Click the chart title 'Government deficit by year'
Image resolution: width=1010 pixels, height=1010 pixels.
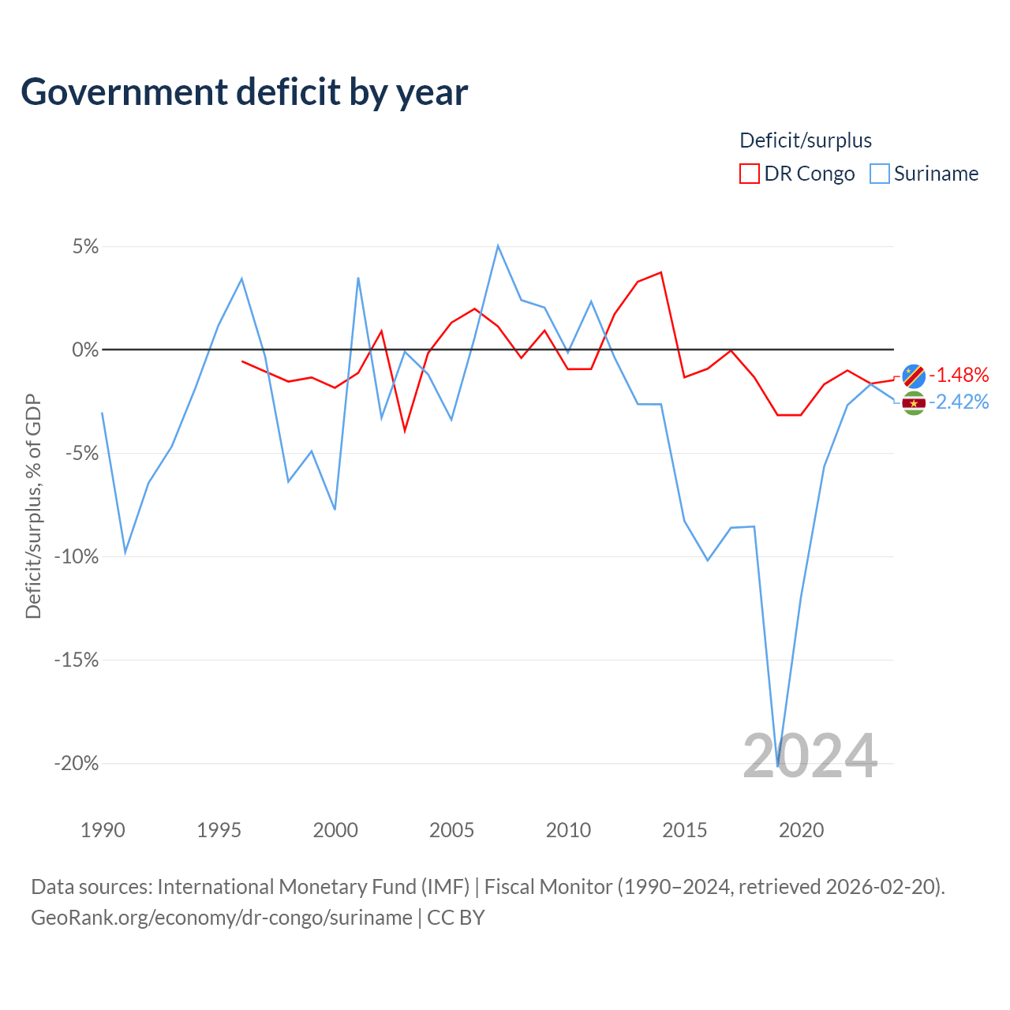[244, 92]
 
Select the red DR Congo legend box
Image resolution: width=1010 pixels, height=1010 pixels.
[749, 174]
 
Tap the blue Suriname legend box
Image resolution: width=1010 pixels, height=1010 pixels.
[879, 174]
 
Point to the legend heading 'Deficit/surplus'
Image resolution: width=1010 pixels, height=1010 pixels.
[805, 140]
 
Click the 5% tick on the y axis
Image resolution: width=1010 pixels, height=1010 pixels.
[85, 246]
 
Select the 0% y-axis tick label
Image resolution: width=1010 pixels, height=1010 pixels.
[85, 350]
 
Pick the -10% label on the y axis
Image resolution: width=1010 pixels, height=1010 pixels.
[77, 556]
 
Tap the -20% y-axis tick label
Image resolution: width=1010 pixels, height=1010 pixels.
[77, 763]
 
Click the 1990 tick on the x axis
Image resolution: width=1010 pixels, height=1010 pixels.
[103, 830]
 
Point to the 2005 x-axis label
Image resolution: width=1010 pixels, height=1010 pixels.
[452, 830]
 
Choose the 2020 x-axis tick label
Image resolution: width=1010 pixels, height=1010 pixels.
[802, 830]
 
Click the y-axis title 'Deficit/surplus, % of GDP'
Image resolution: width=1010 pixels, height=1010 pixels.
[34, 507]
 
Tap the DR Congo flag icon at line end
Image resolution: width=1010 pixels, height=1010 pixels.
[914, 376]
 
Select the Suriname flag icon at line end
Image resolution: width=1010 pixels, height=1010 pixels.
[914, 403]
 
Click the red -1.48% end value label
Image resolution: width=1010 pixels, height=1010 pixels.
[959, 376]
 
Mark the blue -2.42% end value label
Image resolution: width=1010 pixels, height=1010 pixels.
[959, 402]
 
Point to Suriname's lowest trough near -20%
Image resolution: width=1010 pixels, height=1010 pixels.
[778, 766]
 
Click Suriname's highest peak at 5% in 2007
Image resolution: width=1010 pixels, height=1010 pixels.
[498, 246]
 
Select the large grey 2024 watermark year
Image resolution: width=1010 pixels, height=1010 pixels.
[810, 756]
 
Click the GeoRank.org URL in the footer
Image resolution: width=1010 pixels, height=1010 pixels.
[222, 918]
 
